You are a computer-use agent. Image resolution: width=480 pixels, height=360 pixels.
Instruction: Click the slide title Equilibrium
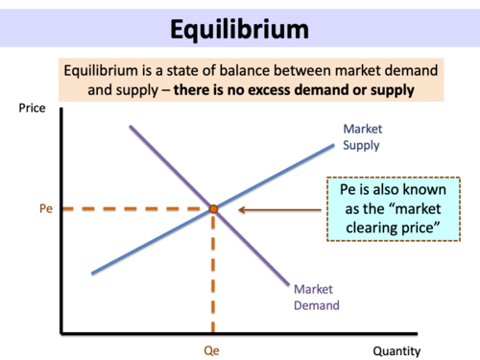[x=240, y=28]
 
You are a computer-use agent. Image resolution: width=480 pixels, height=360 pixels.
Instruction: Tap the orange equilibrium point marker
[x=213, y=207]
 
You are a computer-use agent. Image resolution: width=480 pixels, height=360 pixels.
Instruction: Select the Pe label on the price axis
[x=45, y=207]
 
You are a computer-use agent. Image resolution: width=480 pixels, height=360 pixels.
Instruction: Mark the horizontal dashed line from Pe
[x=134, y=207]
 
